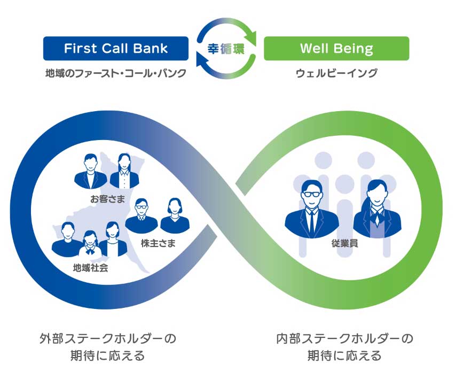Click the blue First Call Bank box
[x=115, y=49]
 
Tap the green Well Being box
[x=336, y=49]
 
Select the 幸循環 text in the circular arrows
[x=226, y=49]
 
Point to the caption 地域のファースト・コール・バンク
[x=115, y=73]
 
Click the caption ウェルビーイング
[x=336, y=73]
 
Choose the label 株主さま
[x=159, y=243]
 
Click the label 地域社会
[x=90, y=267]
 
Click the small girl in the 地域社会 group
[x=90, y=244]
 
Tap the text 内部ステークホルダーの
[x=344, y=338]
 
